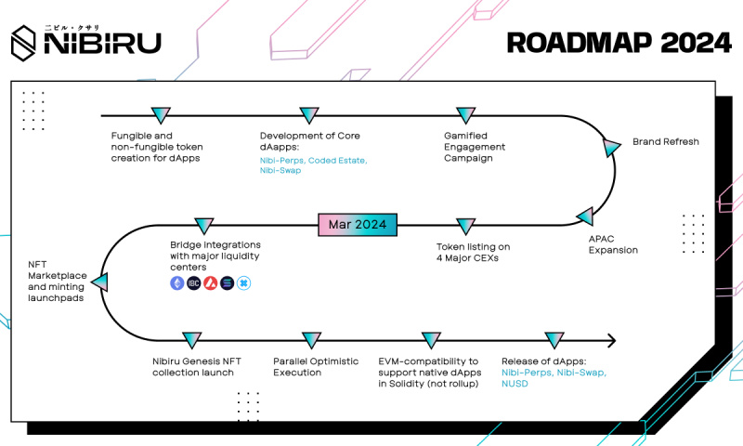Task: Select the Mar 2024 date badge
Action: click(358, 225)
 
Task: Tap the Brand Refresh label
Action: click(665, 142)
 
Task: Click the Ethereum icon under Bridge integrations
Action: click(176, 282)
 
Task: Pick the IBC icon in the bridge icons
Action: click(193, 282)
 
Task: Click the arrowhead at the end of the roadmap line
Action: click(610, 340)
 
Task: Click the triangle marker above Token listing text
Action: click(464, 225)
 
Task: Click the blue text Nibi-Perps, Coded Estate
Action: click(313, 161)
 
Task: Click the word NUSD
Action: click(515, 384)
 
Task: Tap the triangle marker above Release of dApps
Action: click(554, 340)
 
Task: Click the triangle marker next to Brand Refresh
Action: click(612, 145)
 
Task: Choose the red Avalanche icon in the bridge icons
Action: click(210, 282)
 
